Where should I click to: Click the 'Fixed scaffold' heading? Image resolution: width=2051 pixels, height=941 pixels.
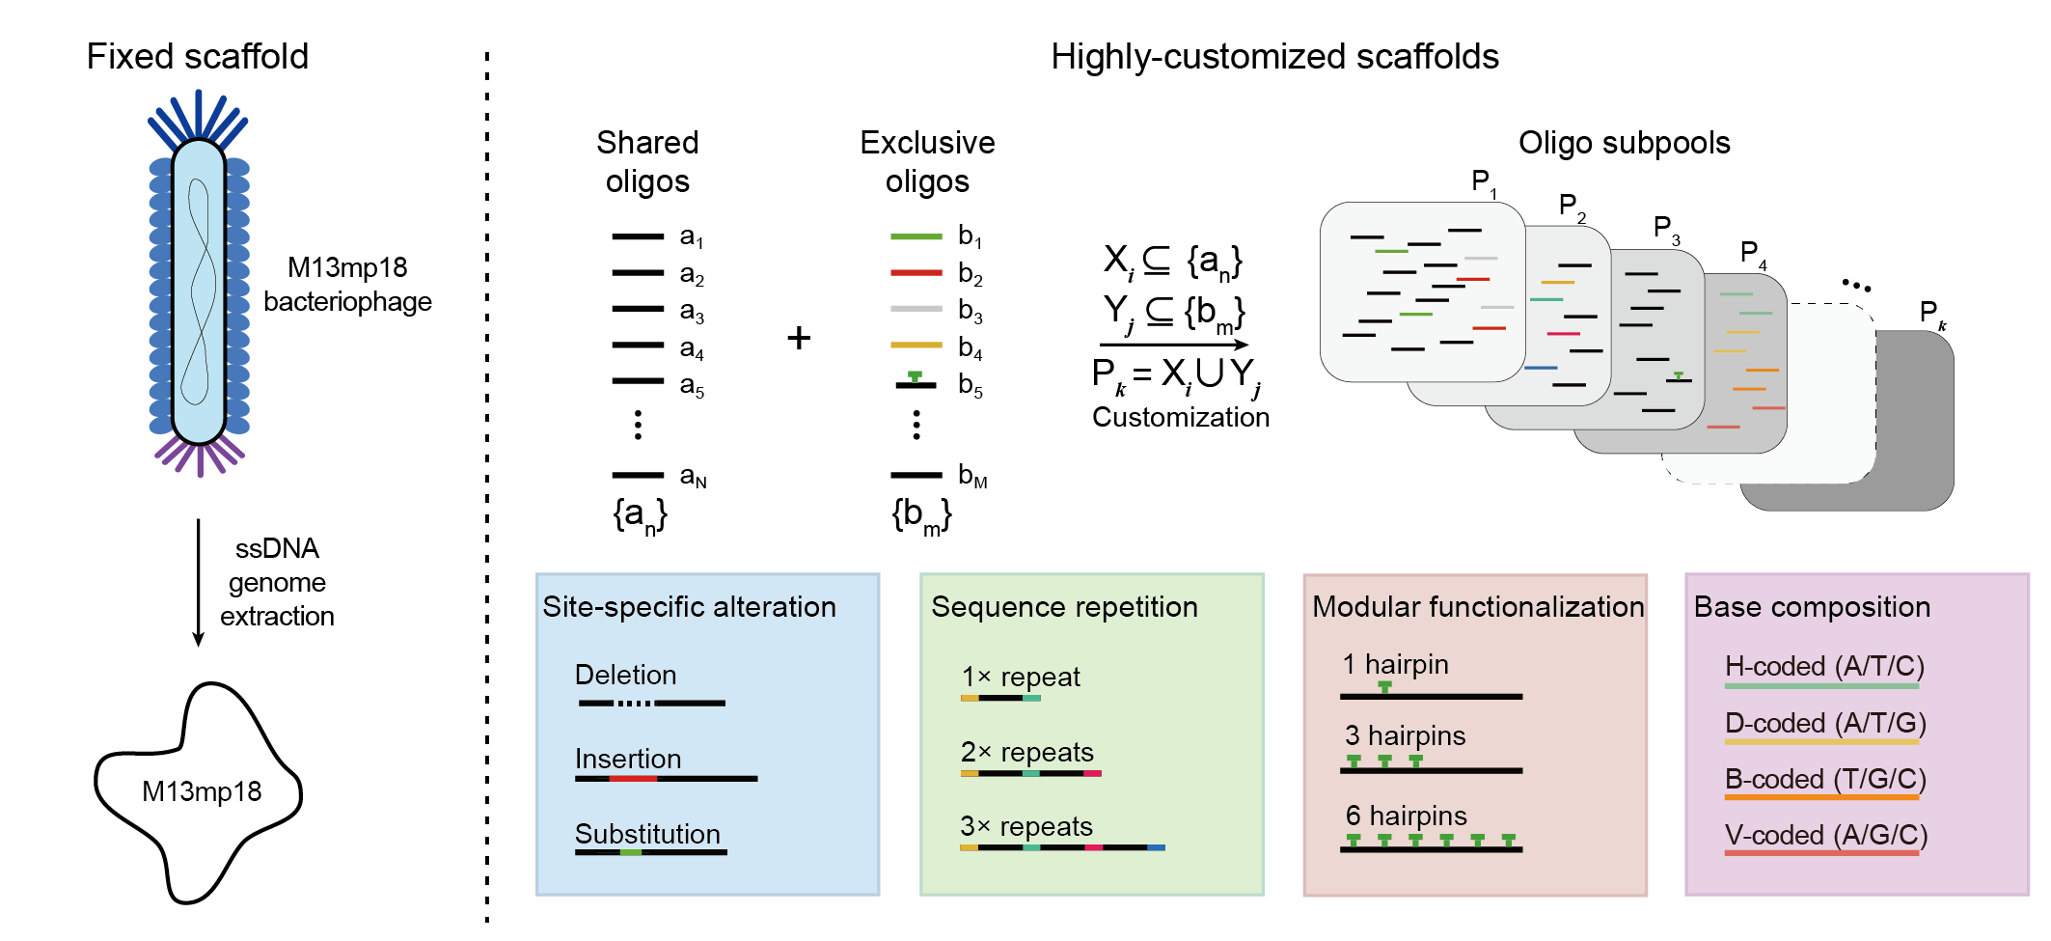click(x=197, y=57)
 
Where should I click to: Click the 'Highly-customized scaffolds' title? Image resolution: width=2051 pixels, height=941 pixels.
click(x=1274, y=57)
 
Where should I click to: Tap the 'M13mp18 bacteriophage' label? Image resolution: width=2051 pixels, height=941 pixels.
click(x=347, y=285)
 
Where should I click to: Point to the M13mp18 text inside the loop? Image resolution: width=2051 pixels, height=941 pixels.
click(x=202, y=791)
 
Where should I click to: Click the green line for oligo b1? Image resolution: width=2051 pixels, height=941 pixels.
click(x=916, y=235)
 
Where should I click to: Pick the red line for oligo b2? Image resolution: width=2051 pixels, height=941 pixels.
click(x=916, y=273)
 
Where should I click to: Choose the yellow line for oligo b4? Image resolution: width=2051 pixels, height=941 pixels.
click(x=916, y=345)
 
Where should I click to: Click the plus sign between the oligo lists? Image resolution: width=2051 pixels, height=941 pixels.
click(x=799, y=338)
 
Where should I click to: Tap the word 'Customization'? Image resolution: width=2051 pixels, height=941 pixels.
click(x=1180, y=417)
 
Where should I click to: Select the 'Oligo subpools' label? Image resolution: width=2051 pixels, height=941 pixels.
click(x=1624, y=143)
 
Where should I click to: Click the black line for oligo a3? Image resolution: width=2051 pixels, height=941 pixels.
click(x=638, y=309)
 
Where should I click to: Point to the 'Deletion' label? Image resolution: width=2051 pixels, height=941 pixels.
click(x=625, y=675)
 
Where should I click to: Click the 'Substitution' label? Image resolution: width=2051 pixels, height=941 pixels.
click(x=647, y=834)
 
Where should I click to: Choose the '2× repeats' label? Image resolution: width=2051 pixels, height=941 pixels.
click(x=1026, y=752)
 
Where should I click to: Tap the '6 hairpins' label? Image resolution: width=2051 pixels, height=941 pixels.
click(x=1406, y=816)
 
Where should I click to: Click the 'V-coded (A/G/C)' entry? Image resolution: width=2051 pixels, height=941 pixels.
click(x=1825, y=835)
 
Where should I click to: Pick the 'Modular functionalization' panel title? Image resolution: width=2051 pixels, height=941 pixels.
click(x=1477, y=607)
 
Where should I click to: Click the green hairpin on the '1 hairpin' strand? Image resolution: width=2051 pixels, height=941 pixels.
click(x=1384, y=687)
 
